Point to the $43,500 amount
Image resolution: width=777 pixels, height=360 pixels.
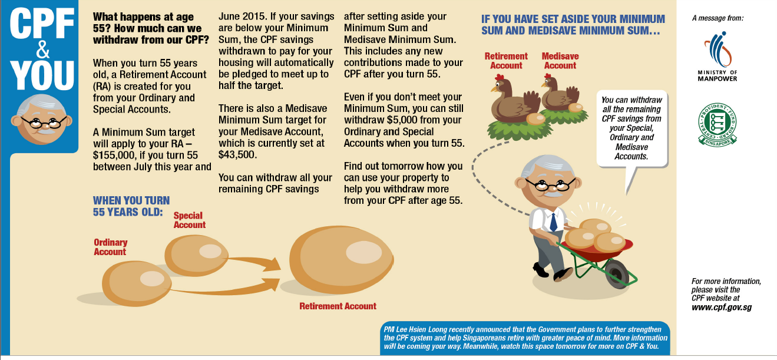click(x=235, y=154)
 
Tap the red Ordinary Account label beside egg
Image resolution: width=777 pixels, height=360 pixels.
click(x=110, y=247)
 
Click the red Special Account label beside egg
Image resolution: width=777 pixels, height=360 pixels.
click(x=189, y=220)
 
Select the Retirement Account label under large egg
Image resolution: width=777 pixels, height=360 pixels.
click(x=338, y=306)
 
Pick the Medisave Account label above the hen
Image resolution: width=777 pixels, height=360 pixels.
click(x=560, y=61)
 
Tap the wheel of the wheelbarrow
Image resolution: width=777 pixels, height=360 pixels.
click(x=617, y=275)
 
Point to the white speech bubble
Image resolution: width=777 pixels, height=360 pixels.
click(x=632, y=125)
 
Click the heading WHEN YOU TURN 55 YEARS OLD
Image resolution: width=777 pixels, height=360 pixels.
click(x=131, y=206)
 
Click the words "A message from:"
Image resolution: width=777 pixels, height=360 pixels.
click(x=718, y=18)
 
